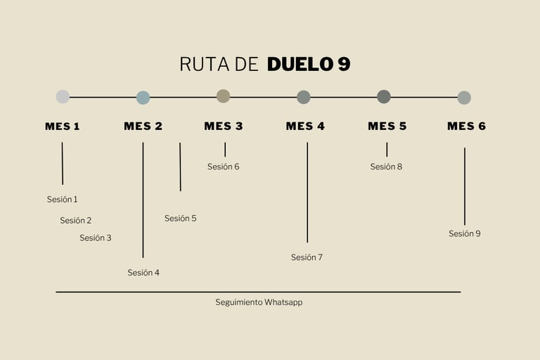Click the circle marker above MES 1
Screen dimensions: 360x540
(63, 97)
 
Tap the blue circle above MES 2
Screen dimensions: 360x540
(143, 98)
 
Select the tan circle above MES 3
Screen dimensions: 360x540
(223, 96)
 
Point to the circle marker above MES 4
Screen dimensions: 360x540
(304, 97)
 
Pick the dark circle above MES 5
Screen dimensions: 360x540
(384, 96)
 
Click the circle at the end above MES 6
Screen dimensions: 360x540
(464, 98)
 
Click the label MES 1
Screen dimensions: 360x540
(63, 127)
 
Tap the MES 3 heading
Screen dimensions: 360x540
(224, 127)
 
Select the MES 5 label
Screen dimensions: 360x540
(387, 127)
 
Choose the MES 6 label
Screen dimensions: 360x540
(467, 127)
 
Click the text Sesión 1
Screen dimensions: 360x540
(63, 200)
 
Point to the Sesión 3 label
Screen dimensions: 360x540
(96, 238)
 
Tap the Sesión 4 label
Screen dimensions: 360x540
(143, 273)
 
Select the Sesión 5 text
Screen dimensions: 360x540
(181, 219)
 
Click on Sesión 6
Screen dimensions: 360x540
(224, 167)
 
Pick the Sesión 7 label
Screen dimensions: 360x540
(307, 258)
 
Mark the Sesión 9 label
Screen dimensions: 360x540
(465, 234)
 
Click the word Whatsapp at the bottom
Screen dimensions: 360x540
(283, 302)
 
